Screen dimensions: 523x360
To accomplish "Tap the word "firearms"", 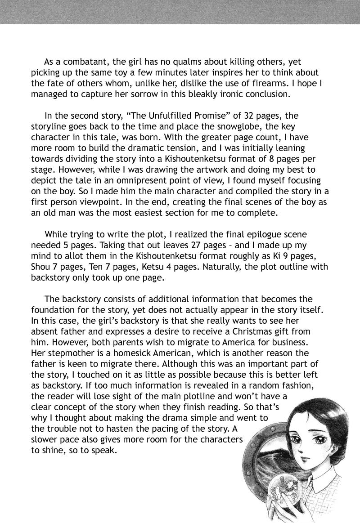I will (269, 83).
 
